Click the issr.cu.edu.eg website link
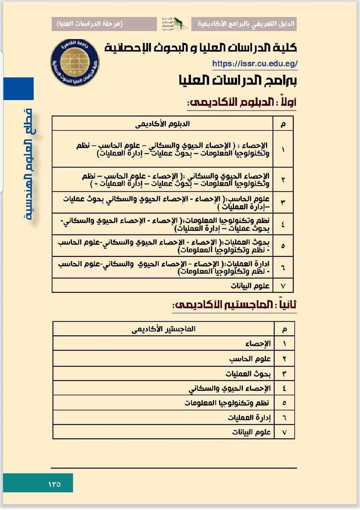coord(255,64)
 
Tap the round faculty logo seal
coord(75,63)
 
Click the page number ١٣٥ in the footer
coord(54,484)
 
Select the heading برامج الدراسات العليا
coord(237,81)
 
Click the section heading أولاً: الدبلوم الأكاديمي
coord(242,102)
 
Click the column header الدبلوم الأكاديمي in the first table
coord(162,124)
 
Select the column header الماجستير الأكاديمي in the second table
coord(163,329)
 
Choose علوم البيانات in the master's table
coord(251,432)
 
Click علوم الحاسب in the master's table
coord(250,359)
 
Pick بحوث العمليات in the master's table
coord(248,374)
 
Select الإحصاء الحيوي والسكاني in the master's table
coord(230,388)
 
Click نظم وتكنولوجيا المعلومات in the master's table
coord(227,403)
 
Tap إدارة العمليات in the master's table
coord(249,417)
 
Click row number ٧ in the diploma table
coord(283,286)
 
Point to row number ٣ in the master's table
coord(284,374)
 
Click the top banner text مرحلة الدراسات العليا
coord(90,24)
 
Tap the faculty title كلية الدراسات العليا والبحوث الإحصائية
coord(201,48)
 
